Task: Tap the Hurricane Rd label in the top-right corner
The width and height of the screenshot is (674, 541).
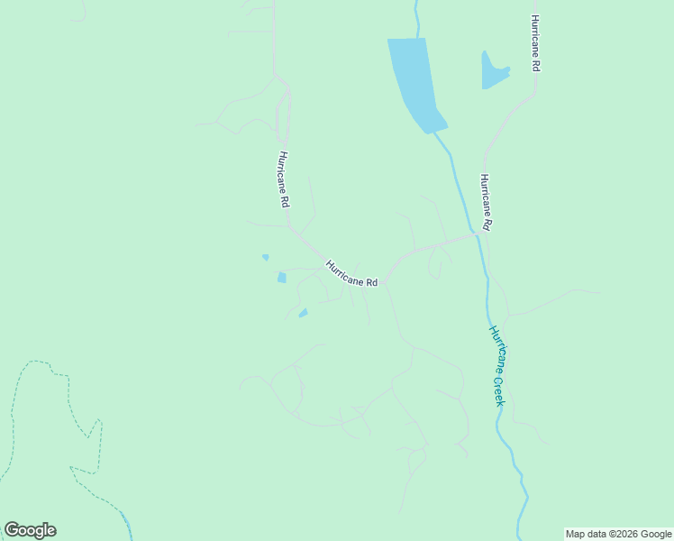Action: [535, 43]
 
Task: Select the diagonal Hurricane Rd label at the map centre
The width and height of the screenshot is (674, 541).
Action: [351, 273]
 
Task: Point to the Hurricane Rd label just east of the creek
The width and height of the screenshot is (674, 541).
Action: [485, 203]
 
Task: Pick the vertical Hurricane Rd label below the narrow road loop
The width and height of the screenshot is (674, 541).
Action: [283, 179]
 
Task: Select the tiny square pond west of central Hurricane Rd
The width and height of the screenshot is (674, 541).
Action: [282, 278]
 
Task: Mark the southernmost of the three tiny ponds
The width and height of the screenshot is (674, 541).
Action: [303, 313]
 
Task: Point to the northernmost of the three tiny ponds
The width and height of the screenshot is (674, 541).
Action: [265, 257]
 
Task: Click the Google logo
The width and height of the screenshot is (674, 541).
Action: [30, 530]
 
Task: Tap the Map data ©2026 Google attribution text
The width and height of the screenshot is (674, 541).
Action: [618, 534]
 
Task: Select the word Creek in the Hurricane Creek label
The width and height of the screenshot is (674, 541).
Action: [498, 389]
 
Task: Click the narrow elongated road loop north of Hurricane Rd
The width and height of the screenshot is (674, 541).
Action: [283, 113]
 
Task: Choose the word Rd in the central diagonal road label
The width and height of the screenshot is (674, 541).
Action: [371, 282]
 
